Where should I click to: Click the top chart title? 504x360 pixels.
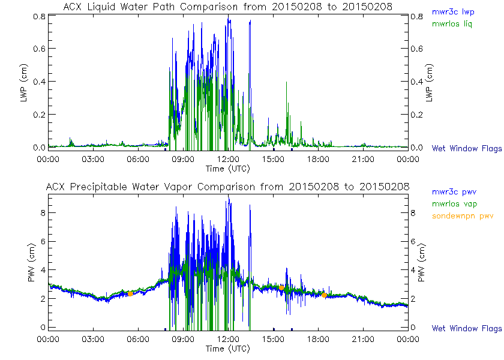pyautogui.click(x=228, y=7)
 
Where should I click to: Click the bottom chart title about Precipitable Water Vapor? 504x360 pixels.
pyautogui.click(x=228, y=187)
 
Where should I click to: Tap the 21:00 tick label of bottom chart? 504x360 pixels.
pyautogui.click(x=363, y=340)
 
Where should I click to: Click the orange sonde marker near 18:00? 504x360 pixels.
pyautogui.click(x=324, y=295)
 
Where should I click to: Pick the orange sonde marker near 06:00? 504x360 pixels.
pyautogui.click(x=130, y=293)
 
